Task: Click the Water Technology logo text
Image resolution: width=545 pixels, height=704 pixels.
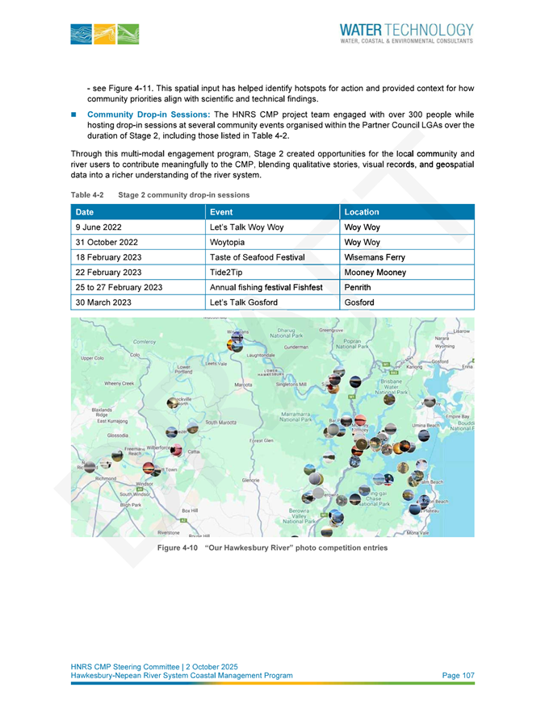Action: tap(406, 30)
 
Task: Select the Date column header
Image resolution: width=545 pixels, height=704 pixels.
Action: tap(84, 212)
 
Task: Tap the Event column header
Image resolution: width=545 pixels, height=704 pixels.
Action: tap(220, 212)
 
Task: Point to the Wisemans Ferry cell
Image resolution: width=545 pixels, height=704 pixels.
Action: tap(375, 257)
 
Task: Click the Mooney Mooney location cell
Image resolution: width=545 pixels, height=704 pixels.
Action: tap(371, 273)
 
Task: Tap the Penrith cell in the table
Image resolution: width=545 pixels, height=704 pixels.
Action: tap(358, 288)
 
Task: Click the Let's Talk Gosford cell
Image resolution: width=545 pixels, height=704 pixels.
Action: tap(243, 302)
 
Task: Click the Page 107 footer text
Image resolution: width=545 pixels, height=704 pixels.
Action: tap(458, 675)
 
